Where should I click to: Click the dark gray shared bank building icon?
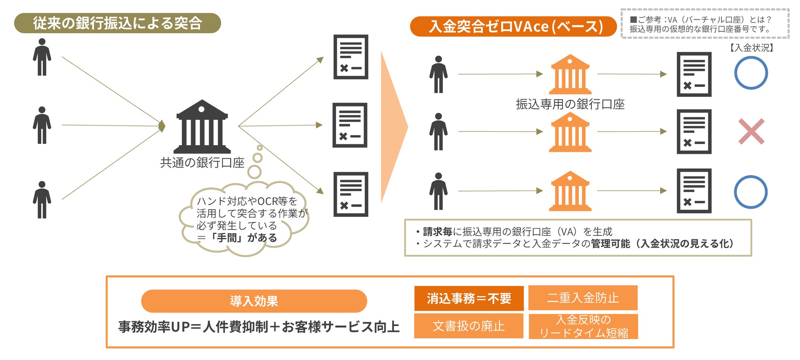pos(202,127)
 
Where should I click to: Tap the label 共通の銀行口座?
pos(202,163)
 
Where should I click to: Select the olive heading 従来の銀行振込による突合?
pos(117,23)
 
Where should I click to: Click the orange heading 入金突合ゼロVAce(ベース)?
pos(513,26)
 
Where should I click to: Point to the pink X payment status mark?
pos(751,131)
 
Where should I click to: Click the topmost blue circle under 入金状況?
pos(751,73)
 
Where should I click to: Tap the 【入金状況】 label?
pos(752,48)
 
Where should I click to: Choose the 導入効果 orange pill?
pos(254,301)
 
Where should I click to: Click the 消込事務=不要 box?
pos(469,298)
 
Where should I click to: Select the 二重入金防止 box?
pos(583,298)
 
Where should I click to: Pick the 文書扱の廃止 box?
pos(469,326)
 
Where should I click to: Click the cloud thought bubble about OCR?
pos(244,219)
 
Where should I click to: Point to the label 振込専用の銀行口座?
pos(570,104)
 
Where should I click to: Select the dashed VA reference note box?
pos(705,24)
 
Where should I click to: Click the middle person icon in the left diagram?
pos(42,125)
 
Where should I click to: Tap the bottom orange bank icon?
pos(570,191)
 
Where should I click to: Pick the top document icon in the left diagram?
pos(351,57)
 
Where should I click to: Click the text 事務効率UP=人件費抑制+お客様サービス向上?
pos(259,327)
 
